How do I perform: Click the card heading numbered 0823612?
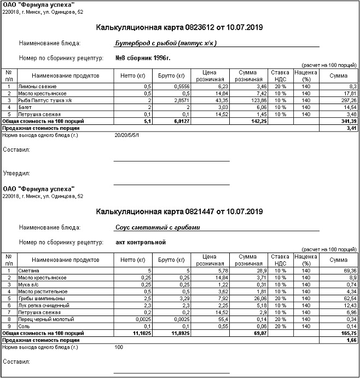tap(179, 27)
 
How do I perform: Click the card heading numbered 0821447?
tap(179, 211)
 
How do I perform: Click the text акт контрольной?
tap(141, 241)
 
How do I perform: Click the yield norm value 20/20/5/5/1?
tap(127, 134)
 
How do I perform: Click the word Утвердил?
tap(16, 174)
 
